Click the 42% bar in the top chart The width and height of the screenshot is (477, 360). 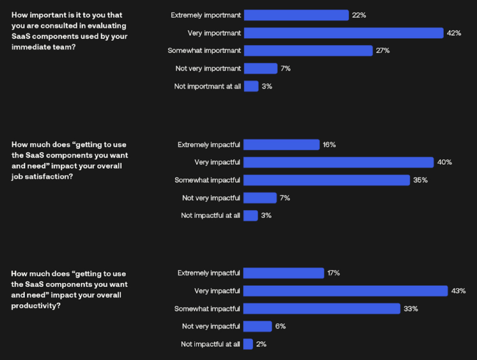343,33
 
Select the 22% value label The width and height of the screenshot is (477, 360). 359,15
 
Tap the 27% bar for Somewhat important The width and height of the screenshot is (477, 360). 308,51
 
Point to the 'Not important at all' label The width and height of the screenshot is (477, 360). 207,86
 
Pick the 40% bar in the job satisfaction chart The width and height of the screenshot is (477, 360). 338,162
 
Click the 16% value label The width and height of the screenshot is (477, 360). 329,145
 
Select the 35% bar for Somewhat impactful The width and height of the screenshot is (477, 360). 326,180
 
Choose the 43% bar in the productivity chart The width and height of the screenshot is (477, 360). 345,291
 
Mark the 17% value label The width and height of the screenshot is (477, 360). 333,273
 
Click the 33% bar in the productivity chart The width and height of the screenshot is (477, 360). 322,309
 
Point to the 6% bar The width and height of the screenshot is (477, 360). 257,326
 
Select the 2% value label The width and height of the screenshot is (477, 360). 261,344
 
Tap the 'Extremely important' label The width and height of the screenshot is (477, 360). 206,15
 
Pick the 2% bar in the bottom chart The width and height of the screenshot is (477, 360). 248,344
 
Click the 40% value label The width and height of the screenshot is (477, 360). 444,162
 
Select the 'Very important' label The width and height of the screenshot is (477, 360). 214,33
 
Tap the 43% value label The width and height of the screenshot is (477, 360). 458,291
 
